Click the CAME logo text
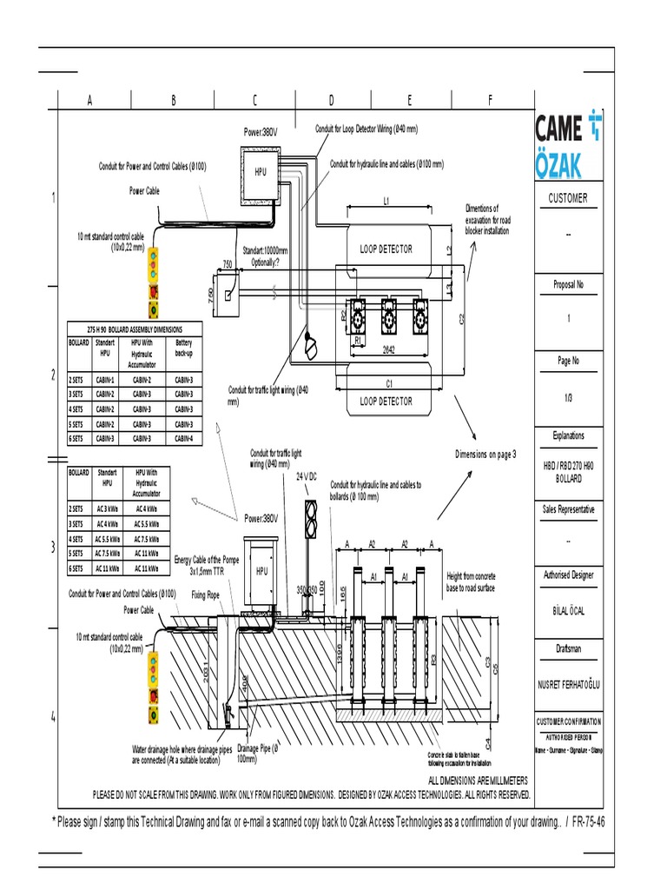point(558,131)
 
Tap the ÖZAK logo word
point(558,165)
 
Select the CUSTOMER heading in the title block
point(567,198)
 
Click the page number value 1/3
point(568,397)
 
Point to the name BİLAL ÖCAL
point(568,611)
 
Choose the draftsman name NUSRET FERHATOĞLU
point(568,685)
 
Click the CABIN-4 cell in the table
point(183,439)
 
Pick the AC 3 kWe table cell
point(107,508)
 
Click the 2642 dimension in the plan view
point(389,349)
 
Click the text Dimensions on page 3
point(485,455)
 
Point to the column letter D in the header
point(331,101)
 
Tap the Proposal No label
point(568,284)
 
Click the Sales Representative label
point(568,510)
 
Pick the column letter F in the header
point(490,101)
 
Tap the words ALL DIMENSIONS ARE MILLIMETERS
point(479,781)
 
